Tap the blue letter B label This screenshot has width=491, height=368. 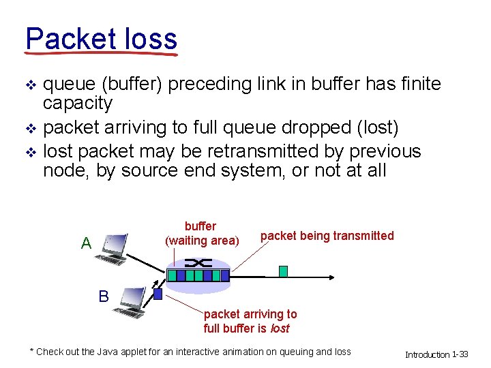(x=103, y=296)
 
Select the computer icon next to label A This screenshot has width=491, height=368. (x=110, y=249)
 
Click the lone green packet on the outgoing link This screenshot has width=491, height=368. (x=283, y=271)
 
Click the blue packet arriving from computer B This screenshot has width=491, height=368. (x=158, y=295)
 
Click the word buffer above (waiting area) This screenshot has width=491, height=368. (x=200, y=226)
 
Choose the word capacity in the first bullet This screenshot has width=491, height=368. (x=77, y=103)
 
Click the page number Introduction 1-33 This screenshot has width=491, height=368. (x=436, y=354)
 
